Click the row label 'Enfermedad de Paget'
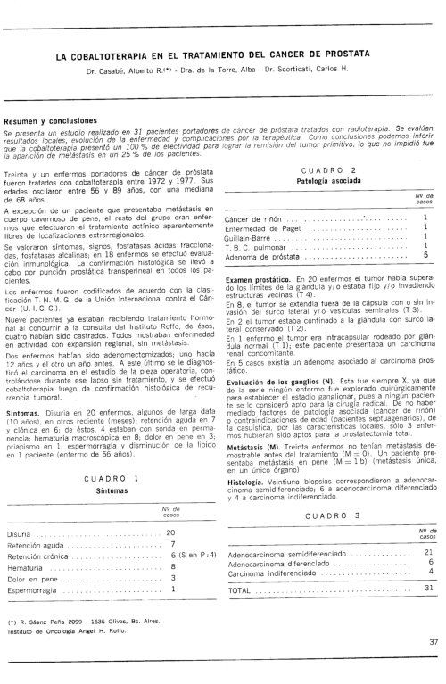[265, 227]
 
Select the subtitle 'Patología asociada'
[329, 181]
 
